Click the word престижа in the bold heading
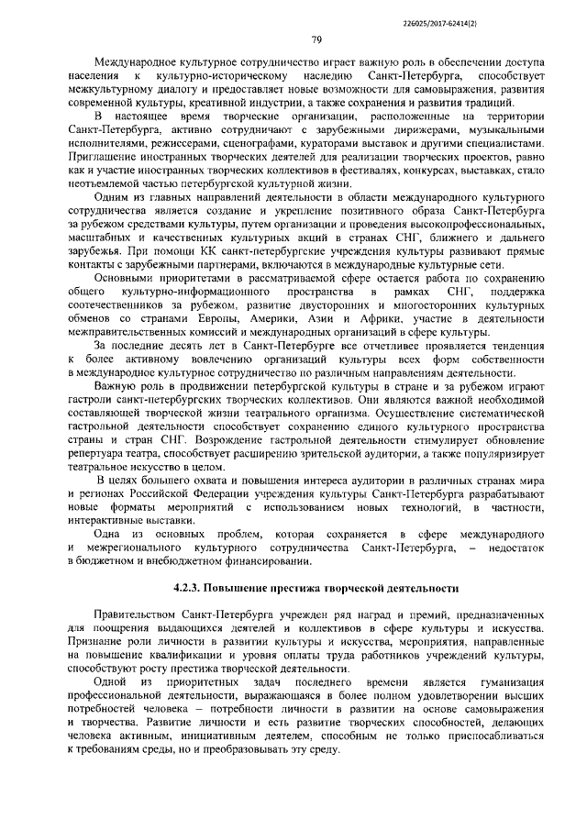(x=310, y=586)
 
